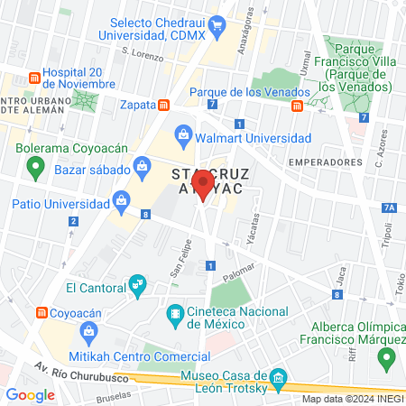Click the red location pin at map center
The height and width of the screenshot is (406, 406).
tap(203, 187)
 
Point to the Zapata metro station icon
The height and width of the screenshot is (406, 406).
tap(163, 105)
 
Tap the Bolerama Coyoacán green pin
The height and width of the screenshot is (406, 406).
tap(35, 166)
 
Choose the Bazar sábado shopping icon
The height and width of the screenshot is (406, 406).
tap(143, 164)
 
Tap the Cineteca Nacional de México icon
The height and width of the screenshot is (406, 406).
tap(174, 315)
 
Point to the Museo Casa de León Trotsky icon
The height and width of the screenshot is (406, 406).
tap(279, 377)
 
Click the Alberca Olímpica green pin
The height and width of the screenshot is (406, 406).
tap(387, 358)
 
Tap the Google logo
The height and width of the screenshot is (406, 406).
tap(31, 394)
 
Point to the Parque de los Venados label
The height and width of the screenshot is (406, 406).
tap(250, 91)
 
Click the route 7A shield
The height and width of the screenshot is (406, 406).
tap(389, 207)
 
